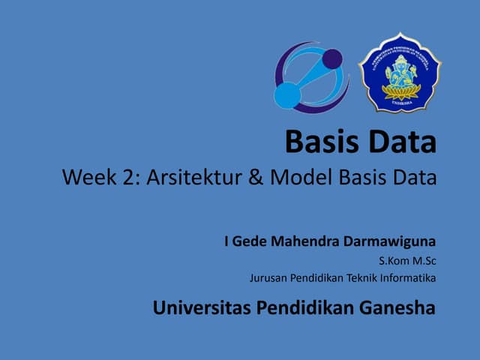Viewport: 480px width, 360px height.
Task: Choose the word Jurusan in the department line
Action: (267, 278)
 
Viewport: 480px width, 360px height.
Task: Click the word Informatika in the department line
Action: (407, 278)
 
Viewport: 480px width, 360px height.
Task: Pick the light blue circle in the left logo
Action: (287, 94)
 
